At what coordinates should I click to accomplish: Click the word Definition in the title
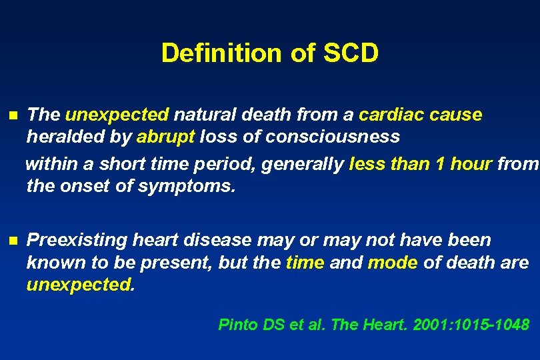[x=215, y=53]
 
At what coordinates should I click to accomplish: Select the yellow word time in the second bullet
[x=305, y=263]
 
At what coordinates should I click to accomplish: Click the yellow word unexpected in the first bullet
[x=117, y=115]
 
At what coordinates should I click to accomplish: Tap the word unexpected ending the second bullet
[x=80, y=285]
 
